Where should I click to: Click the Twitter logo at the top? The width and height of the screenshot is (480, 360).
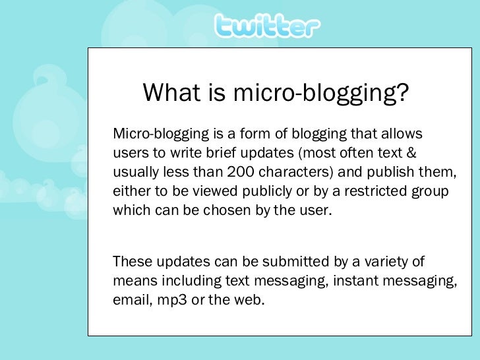point(266,27)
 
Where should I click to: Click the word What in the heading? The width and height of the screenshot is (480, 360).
point(169,94)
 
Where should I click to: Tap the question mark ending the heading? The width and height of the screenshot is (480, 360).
point(402,94)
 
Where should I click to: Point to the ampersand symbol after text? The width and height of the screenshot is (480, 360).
point(410,154)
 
